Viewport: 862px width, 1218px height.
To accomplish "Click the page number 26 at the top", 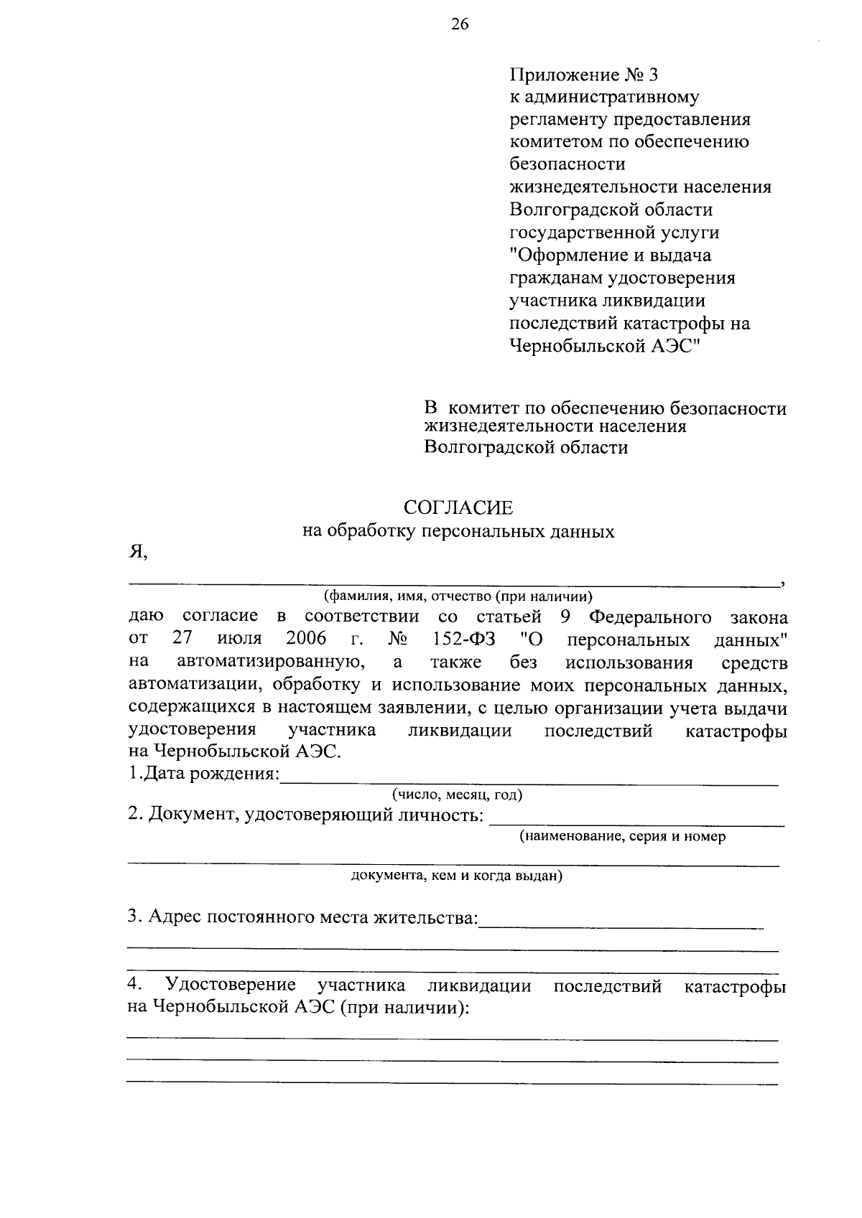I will coord(460,25).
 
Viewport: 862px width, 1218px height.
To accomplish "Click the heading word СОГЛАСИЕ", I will coord(458,508).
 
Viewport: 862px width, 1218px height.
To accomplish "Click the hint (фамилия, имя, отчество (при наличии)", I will coord(458,596).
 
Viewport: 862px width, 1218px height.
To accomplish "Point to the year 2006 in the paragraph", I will coord(305,638).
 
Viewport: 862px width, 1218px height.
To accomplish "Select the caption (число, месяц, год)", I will coord(457,795).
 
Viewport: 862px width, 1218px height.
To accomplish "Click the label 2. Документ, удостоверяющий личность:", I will coord(305,815).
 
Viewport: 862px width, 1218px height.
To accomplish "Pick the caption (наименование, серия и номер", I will coord(623,836).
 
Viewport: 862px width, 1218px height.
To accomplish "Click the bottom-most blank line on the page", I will coord(452,1082).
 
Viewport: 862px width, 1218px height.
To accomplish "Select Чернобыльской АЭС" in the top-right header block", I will coord(604,345).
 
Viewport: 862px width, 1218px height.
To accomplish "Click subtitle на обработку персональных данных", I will coord(458,532).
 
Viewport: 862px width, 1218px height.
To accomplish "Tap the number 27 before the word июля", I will coord(184,638).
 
